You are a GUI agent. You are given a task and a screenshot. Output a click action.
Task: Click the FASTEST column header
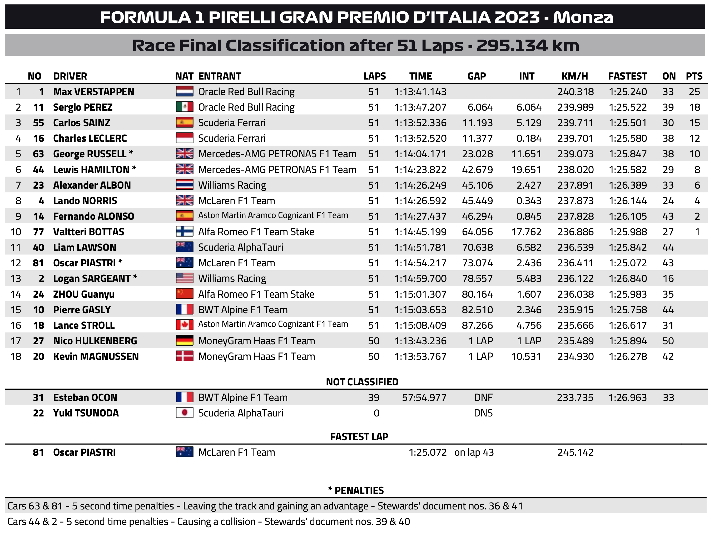pyautogui.click(x=627, y=76)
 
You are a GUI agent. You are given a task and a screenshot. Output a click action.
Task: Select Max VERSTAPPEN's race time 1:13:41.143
pyautogui.click(x=420, y=92)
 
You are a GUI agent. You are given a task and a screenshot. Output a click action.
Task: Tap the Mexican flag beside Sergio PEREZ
pyautogui.click(x=184, y=107)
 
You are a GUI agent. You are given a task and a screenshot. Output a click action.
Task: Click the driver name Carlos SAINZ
pyautogui.click(x=81, y=123)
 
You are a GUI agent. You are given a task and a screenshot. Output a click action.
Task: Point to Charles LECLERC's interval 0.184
pyautogui.click(x=528, y=138)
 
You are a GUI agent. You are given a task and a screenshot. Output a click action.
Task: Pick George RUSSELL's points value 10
pyautogui.click(x=694, y=154)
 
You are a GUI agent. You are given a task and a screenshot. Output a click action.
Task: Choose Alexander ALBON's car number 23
pyautogui.click(x=38, y=185)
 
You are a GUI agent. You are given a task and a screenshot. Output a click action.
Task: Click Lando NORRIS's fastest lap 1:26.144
pyautogui.click(x=627, y=200)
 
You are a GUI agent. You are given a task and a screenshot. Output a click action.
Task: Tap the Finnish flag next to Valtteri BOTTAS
pyautogui.click(x=184, y=232)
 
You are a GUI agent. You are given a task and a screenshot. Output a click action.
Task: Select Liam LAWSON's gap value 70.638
pyautogui.click(x=477, y=247)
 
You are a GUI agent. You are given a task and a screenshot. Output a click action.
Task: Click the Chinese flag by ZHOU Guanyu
pyautogui.click(x=184, y=294)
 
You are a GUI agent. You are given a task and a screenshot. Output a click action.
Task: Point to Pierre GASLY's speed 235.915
pyautogui.click(x=575, y=310)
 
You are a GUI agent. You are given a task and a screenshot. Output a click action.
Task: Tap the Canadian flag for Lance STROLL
pyautogui.click(x=184, y=325)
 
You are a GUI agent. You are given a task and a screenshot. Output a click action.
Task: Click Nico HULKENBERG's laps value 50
pyautogui.click(x=374, y=341)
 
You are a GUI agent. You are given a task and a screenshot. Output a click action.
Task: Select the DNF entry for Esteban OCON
pyautogui.click(x=483, y=397)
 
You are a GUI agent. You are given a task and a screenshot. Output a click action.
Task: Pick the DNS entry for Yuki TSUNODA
pyautogui.click(x=483, y=413)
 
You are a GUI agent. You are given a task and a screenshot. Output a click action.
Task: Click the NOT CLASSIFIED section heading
pyautogui.click(x=362, y=382)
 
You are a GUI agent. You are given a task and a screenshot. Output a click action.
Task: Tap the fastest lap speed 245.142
pyautogui.click(x=575, y=452)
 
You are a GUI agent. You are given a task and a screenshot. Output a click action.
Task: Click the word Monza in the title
pyautogui.click(x=583, y=17)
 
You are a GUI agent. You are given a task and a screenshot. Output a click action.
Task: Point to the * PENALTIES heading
pyautogui.click(x=356, y=490)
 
